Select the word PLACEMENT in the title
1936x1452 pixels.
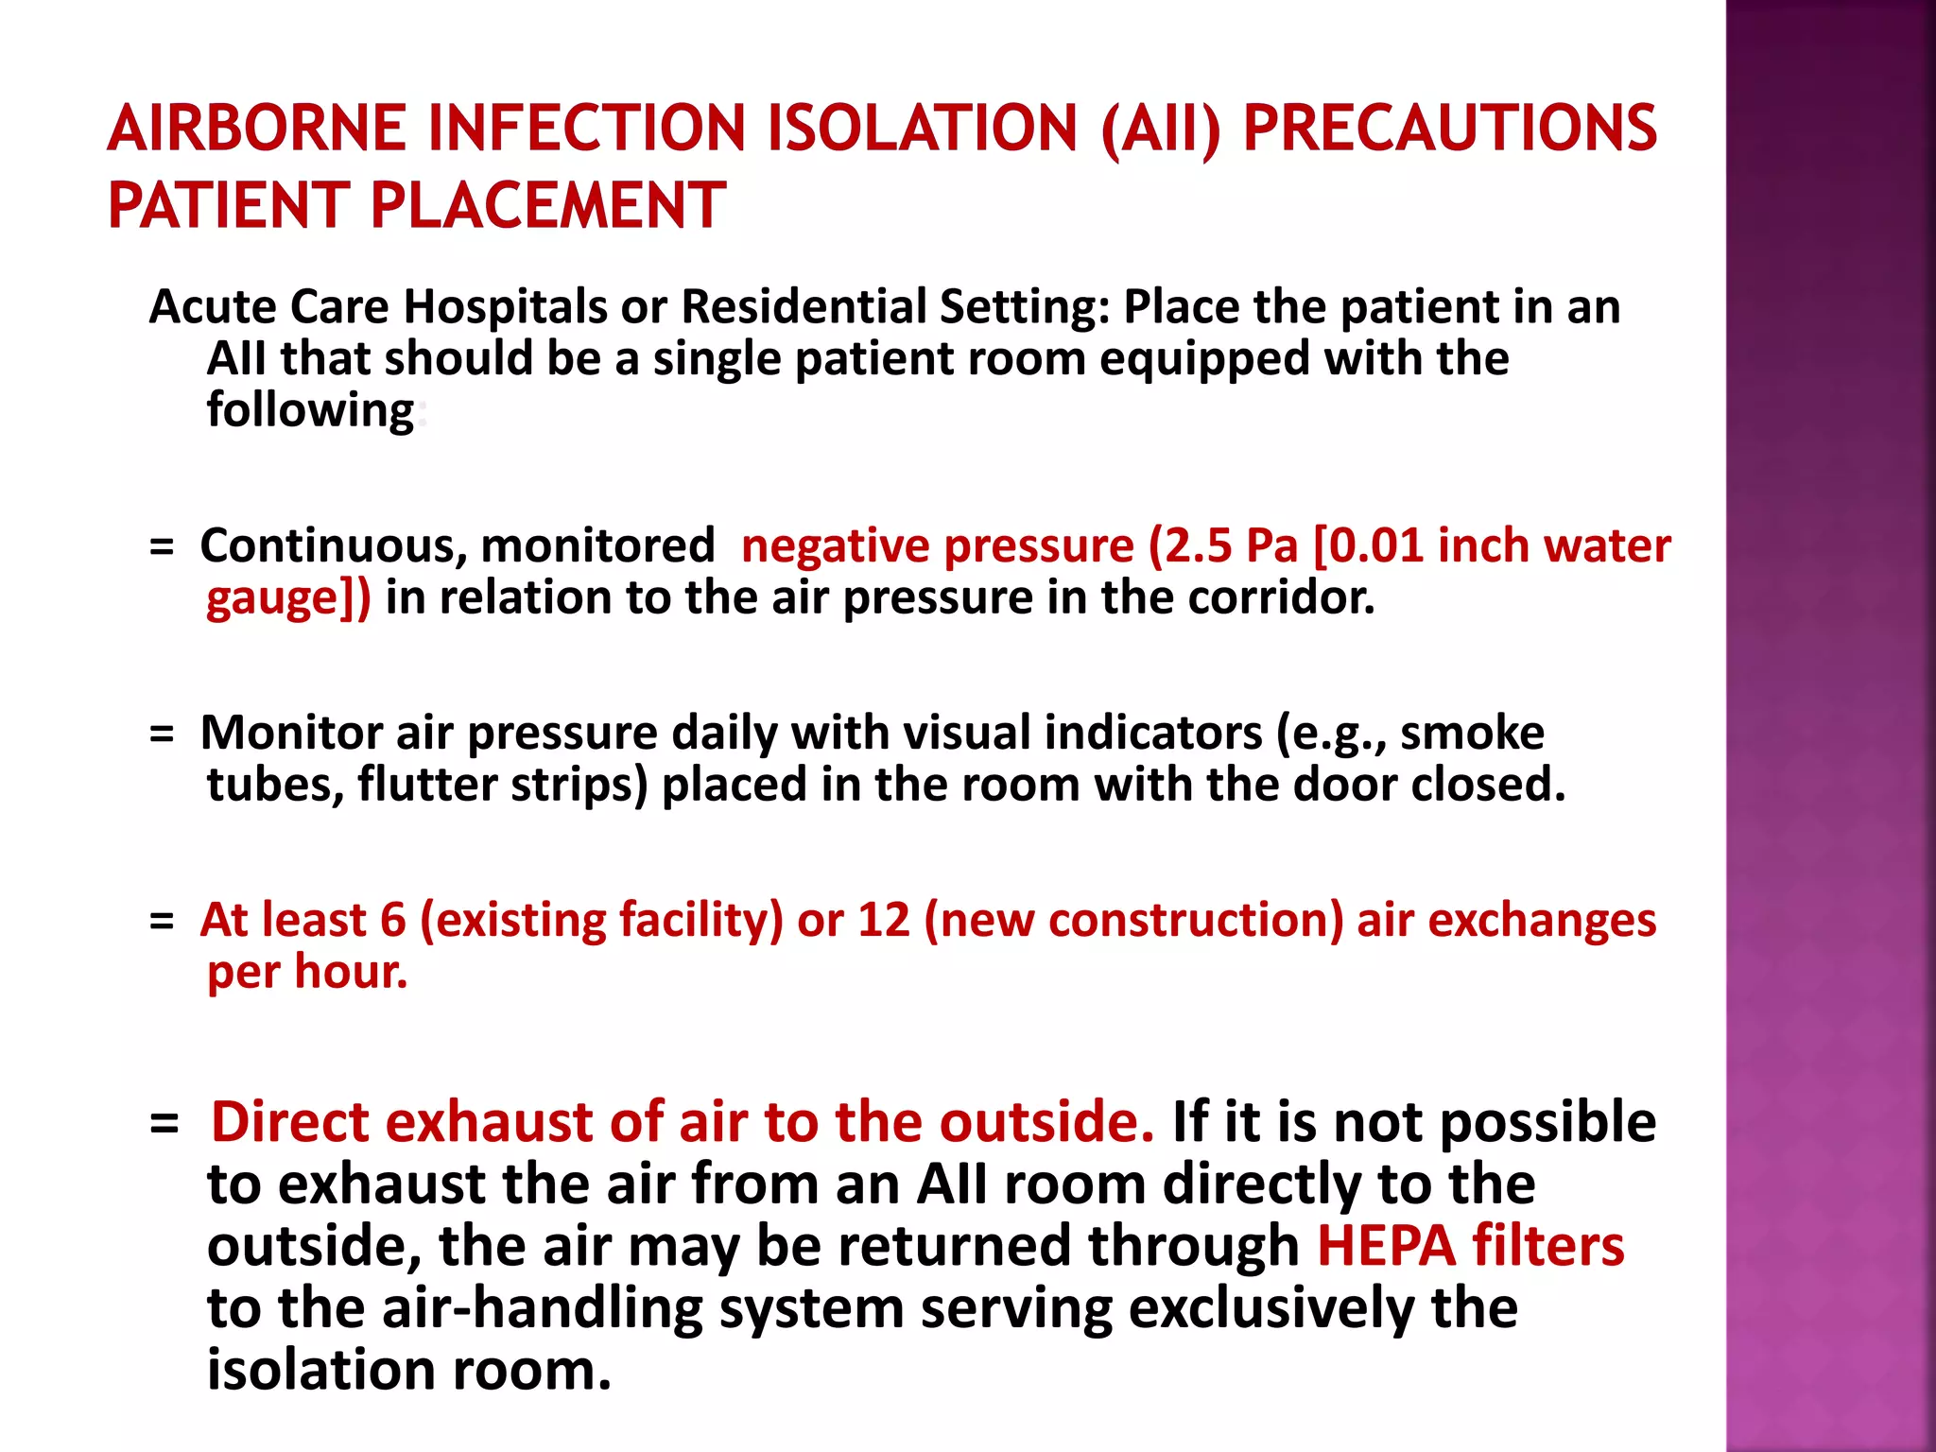click(547, 206)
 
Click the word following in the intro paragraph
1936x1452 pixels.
click(310, 411)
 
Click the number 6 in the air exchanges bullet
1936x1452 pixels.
click(392, 920)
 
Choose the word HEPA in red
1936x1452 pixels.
click(1386, 1246)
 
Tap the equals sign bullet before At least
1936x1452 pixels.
click(162, 921)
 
